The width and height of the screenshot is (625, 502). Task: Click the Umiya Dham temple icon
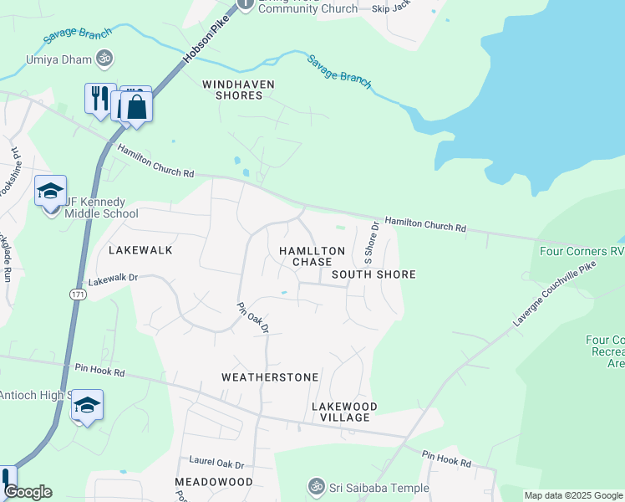(x=105, y=59)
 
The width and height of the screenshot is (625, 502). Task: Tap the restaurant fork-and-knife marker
(x=99, y=97)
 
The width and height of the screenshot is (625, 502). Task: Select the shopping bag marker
(x=137, y=107)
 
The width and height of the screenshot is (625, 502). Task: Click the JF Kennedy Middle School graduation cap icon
(x=50, y=191)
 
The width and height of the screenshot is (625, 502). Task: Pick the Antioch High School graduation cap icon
(x=87, y=406)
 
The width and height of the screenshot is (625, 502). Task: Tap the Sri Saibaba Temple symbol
(x=316, y=486)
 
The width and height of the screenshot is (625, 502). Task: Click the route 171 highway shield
(x=78, y=295)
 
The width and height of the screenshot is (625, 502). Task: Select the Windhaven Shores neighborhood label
(x=232, y=90)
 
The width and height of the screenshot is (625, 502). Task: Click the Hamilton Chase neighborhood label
(x=312, y=256)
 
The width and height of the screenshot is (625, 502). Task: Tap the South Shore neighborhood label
(x=373, y=274)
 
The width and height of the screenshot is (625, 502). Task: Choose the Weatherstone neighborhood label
(x=270, y=377)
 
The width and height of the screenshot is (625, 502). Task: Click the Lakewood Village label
(x=344, y=412)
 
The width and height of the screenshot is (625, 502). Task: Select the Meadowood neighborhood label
(x=214, y=482)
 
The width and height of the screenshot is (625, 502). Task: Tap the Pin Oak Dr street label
(x=252, y=318)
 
